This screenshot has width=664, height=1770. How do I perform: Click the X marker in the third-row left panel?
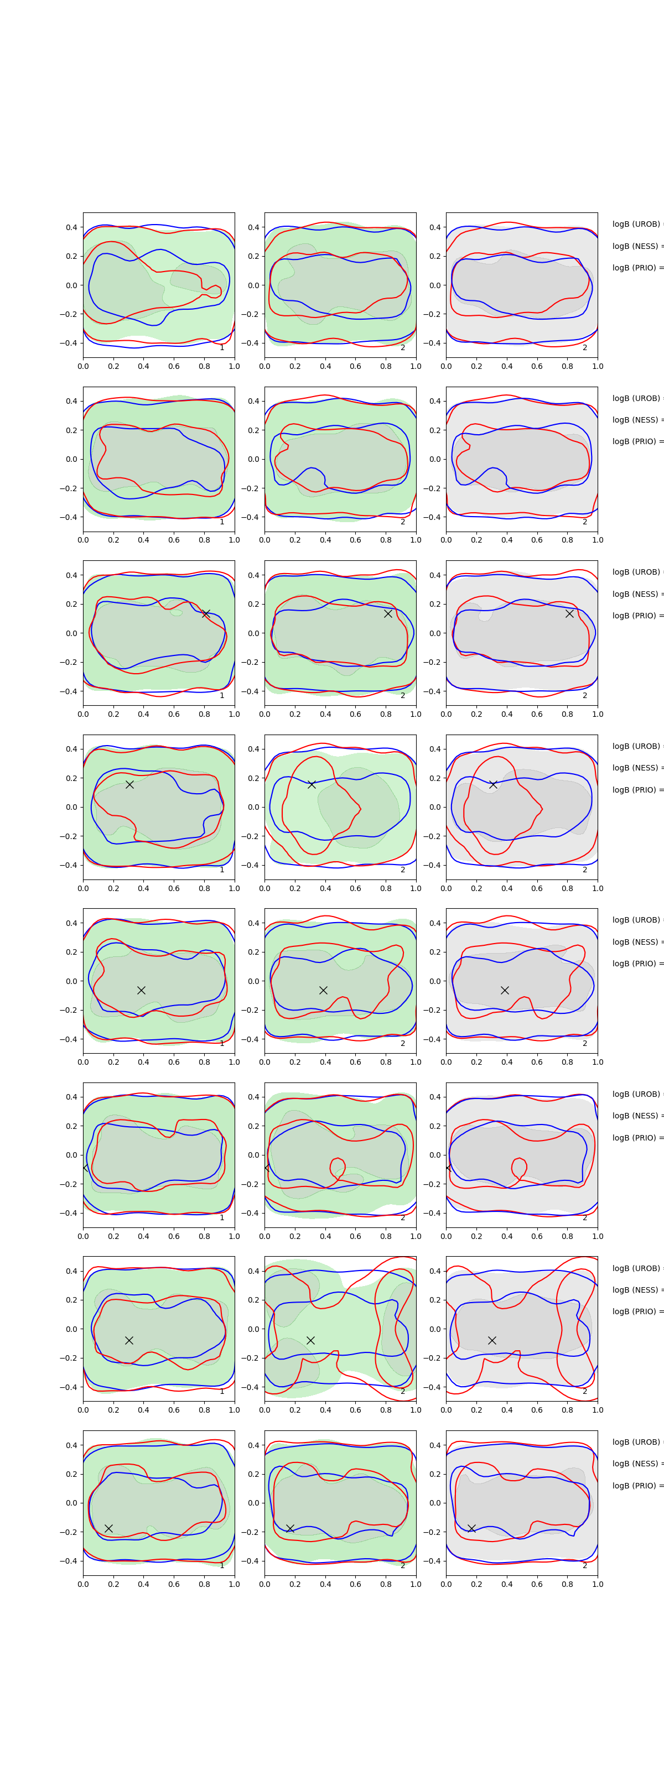[x=205, y=613]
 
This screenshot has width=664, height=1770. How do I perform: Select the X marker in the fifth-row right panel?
[x=505, y=990]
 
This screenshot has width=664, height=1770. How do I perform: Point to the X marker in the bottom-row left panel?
[x=108, y=1528]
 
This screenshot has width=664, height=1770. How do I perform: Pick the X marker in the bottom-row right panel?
[x=471, y=1528]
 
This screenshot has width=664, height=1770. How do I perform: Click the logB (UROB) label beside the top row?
[x=636, y=224]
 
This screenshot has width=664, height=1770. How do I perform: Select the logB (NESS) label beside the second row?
[x=636, y=420]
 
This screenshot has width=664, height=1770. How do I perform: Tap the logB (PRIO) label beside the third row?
[x=636, y=616]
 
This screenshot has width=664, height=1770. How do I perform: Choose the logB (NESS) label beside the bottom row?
[x=636, y=1464]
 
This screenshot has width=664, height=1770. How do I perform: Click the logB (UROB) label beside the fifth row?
[x=636, y=920]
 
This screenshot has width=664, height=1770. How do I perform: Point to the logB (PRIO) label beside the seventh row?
[x=636, y=1311]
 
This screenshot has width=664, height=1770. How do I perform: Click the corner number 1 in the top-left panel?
[x=222, y=348]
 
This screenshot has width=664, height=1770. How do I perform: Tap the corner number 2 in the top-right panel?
[x=585, y=348]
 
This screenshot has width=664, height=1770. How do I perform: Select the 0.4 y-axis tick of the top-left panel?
[x=71, y=227]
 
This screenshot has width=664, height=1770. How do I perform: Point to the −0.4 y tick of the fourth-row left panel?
[x=69, y=865]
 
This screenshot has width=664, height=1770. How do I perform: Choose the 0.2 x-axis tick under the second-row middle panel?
[x=295, y=540]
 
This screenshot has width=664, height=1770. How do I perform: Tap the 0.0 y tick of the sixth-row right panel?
[x=434, y=1155]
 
